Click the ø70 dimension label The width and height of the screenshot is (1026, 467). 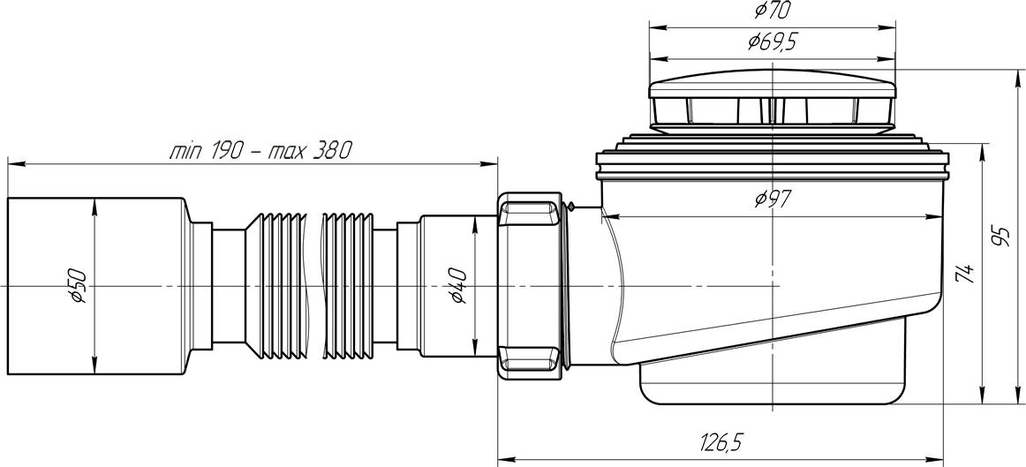coord(772,11)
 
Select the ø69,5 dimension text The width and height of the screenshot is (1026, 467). coord(772,42)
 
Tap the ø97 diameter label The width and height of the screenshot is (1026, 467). coord(773,199)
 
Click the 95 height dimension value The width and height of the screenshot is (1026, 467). coord(1000,236)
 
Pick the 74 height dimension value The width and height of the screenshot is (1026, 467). coord(965,271)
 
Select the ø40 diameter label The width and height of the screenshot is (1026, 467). coord(458,287)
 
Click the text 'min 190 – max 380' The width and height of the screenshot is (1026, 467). coord(260,151)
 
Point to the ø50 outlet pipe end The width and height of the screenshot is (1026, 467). coord(96,286)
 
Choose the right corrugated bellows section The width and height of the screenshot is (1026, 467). coord(349,286)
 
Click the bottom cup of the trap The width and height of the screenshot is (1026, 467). coord(772,382)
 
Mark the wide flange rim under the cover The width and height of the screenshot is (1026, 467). coord(772,165)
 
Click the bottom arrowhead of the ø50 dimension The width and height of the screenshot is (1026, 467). coord(95,367)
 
